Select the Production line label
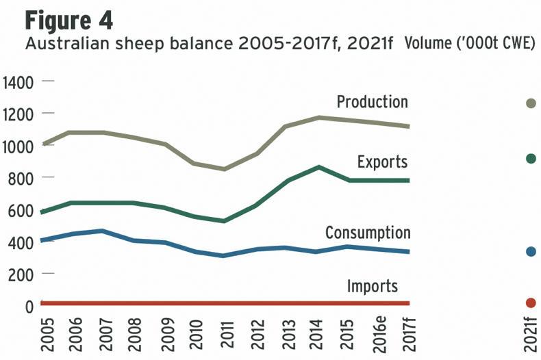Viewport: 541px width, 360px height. pyautogui.click(x=372, y=102)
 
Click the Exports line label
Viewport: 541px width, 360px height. pyautogui.click(x=382, y=162)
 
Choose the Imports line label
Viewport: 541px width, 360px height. pyautogui.click(x=372, y=285)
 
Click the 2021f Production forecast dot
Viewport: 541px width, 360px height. pyautogui.click(x=530, y=103)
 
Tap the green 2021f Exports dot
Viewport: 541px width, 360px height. pyautogui.click(x=530, y=159)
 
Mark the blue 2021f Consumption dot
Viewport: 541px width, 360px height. pyautogui.click(x=530, y=252)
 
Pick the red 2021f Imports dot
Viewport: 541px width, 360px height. pyautogui.click(x=530, y=303)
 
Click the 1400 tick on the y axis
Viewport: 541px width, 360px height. pyautogui.click(x=18, y=83)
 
